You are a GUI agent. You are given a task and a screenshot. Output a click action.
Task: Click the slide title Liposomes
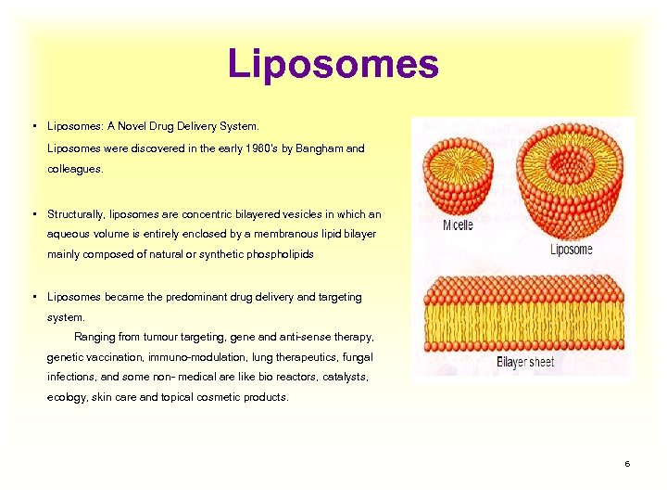pos(333,64)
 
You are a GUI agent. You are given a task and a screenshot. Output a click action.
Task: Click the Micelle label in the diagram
pos(458,225)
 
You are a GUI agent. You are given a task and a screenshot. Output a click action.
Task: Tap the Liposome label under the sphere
pos(571,249)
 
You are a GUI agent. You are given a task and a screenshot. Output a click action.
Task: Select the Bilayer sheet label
pos(525,362)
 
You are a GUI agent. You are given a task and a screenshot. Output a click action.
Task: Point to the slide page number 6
pos(627,463)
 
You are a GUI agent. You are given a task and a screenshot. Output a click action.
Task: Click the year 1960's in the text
pos(254,148)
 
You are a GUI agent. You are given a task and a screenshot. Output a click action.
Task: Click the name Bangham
pos(323,148)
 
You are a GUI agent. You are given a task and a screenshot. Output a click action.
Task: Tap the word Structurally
pos(78,214)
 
